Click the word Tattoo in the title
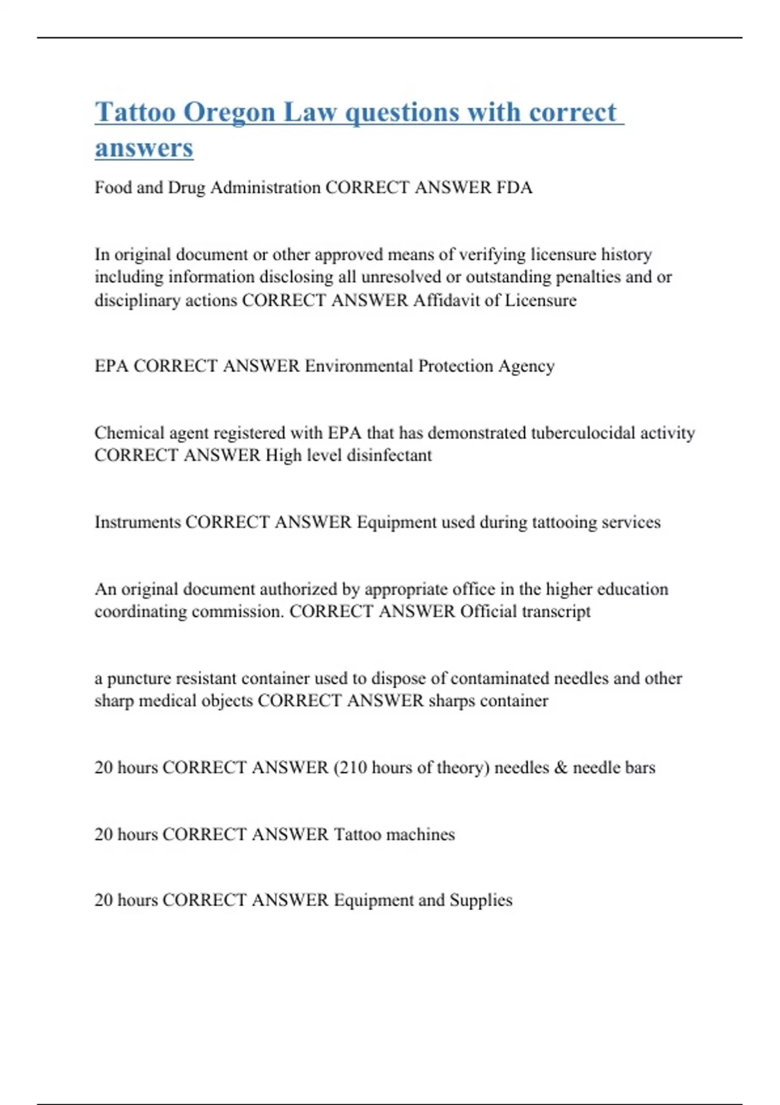click(135, 112)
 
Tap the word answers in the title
click(144, 148)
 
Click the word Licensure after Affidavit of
click(541, 300)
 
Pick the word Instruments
click(138, 522)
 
